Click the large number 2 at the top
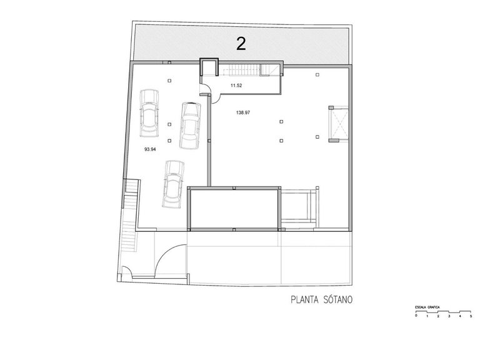point(241,43)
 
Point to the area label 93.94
point(150,149)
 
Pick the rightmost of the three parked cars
point(189,125)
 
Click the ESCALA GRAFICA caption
point(428,308)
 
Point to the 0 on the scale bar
point(416,317)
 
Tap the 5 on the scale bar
point(471,317)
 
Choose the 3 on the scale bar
point(449,317)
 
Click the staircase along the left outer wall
point(129,216)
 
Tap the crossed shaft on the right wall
point(336,124)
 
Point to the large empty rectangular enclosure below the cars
point(234,209)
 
